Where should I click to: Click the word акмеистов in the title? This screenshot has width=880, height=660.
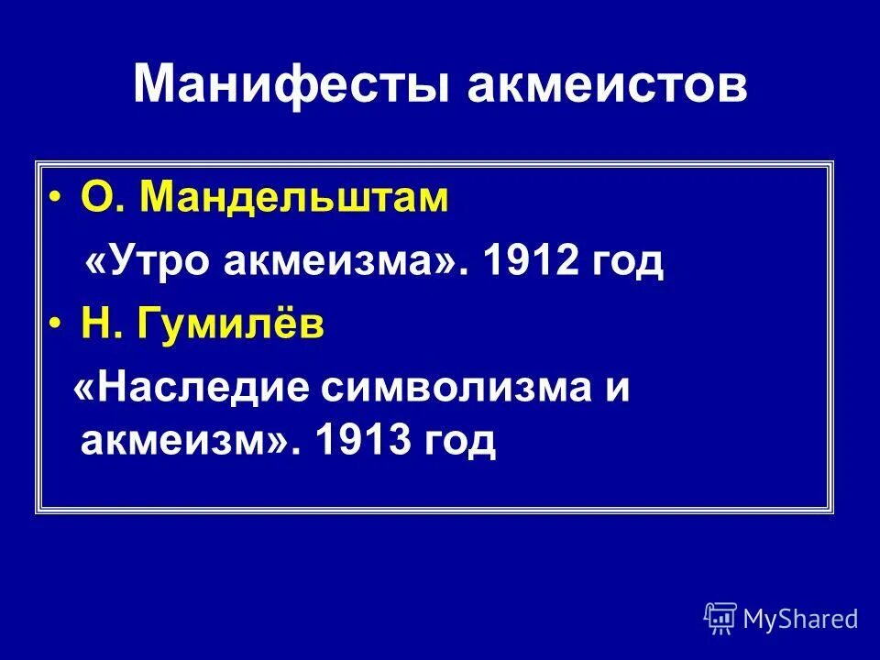pos(608,83)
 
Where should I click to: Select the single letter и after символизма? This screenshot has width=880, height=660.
pos(618,391)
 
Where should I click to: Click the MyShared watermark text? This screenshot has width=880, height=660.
pos(799,619)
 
